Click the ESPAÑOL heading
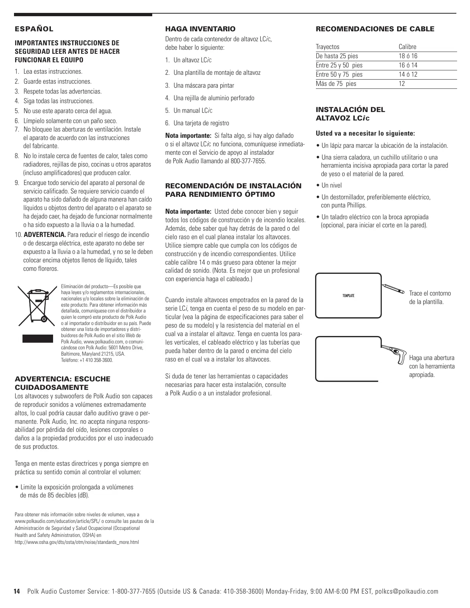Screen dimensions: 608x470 [x=34, y=29]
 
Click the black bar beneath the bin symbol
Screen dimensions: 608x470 [x=38, y=338]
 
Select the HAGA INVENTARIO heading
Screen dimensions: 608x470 [x=200, y=29]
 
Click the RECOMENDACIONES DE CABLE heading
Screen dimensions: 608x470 [x=375, y=29]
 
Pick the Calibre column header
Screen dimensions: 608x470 [x=407, y=47]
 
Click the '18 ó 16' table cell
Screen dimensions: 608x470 [x=408, y=56]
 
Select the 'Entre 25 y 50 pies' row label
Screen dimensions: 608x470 [x=339, y=65]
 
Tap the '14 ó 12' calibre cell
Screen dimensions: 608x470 [x=408, y=74]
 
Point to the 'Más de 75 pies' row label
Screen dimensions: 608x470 [x=336, y=84]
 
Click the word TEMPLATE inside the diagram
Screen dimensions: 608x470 [x=348, y=296]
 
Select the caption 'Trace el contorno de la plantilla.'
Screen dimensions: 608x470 [x=430, y=298]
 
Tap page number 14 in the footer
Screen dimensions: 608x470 [x=17, y=591]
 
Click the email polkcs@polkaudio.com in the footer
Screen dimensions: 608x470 [x=407, y=591]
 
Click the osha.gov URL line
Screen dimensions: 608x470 [x=77, y=542]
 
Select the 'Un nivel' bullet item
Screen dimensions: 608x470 [x=331, y=185]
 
